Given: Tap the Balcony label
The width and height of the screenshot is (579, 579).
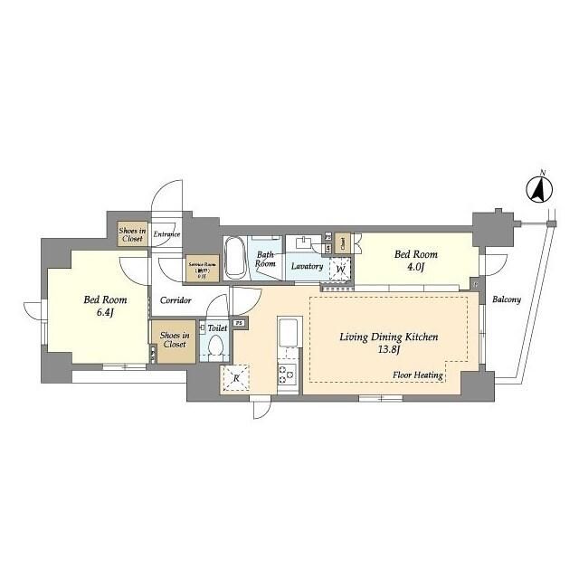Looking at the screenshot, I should click(x=507, y=299).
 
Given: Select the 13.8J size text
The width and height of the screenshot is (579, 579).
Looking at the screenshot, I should click(x=389, y=349).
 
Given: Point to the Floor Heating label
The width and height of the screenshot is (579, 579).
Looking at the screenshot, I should click(x=417, y=375).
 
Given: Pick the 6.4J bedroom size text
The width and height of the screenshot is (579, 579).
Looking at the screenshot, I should click(x=105, y=312).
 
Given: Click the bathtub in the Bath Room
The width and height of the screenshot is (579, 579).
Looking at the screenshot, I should click(x=235, y=258).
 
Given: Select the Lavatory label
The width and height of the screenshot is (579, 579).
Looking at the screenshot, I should click(x=307, y=267).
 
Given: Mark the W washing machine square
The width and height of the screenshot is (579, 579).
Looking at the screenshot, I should click(x=339, y=269).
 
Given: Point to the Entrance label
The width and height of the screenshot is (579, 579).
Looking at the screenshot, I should click(x=166, y=235).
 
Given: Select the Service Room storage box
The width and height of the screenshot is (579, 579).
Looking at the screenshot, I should click(x=201, y=269).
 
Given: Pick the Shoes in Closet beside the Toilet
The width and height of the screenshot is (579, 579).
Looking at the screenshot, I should click(x=172, y=339).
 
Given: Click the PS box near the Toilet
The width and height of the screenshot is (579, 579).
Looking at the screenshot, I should click(x=239, y=323).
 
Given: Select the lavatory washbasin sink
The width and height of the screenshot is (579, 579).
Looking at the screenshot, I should click(x=304, y=243).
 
